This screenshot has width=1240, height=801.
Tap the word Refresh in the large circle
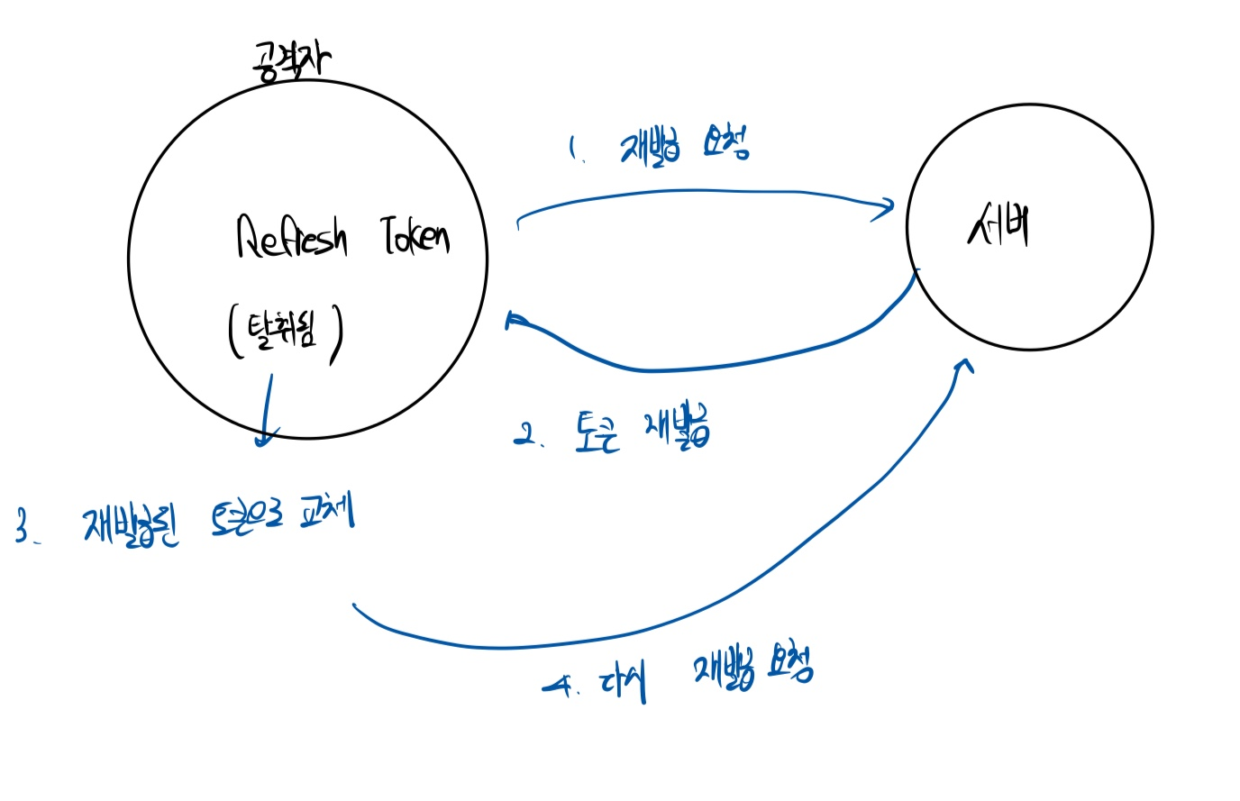tap(291, 237)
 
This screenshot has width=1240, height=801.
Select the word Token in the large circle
tap(415, 236)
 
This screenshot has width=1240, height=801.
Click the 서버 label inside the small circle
tap(999, 225)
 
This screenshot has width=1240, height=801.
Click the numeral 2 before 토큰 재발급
tap(524, 436)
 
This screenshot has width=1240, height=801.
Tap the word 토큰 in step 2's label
tap(597, 432)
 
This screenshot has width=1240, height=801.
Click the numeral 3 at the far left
tap(23, 525)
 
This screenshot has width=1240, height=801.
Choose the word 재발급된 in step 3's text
tap(132, 523)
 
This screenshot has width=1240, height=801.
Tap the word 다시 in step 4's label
tap(623, 684)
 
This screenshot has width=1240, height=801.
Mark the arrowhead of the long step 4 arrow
tap(966, 364)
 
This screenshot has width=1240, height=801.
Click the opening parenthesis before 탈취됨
tap(234, 332)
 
